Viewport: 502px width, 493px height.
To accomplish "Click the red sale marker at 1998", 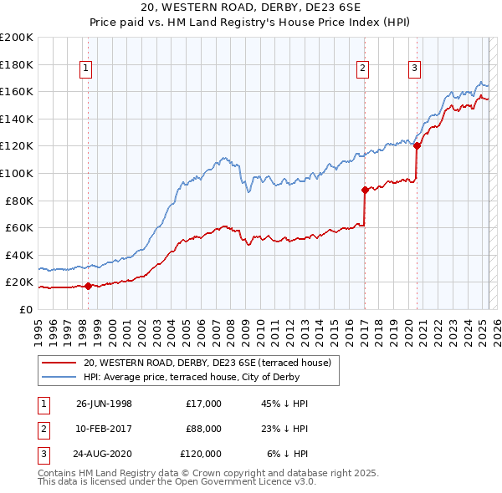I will (88, 286).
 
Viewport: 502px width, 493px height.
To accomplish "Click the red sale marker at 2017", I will (365, 190).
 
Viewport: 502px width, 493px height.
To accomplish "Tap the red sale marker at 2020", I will (417, 145).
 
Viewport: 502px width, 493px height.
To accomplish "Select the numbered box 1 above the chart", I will (87, 69).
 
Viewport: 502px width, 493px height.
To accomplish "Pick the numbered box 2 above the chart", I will (363, 69).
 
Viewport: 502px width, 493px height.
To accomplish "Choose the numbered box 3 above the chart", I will (415, 69).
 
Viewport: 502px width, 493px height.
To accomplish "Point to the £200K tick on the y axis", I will (17, 38).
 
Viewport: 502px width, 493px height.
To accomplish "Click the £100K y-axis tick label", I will (17, 174).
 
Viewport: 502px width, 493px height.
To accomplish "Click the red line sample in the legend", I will (60, 363).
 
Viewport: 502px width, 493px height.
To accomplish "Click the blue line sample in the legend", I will (60, 377).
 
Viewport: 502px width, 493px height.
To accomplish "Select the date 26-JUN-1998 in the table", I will (104, 404).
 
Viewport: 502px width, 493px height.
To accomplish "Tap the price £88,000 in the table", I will (203, 429).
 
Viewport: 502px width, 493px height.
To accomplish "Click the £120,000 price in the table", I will (201, 454).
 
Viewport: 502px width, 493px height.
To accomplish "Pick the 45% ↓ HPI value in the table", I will (284, 404).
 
